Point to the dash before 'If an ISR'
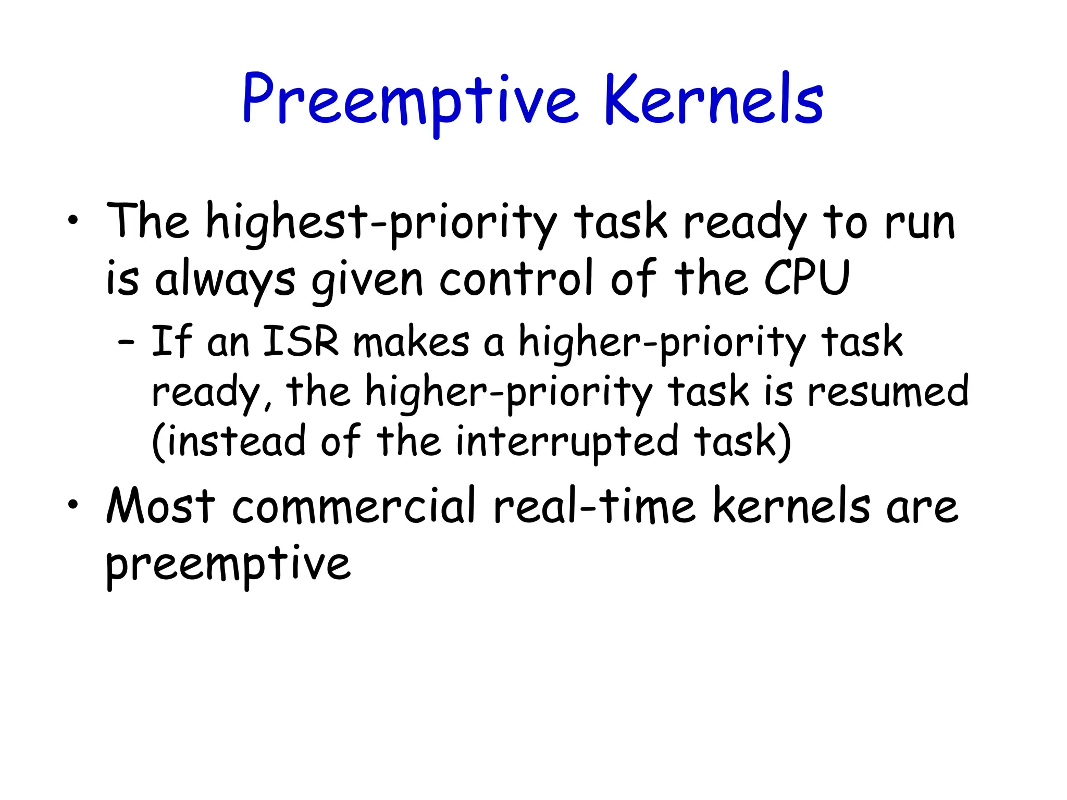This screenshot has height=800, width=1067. coord(126,343)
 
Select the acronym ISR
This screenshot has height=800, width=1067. coord(301,342)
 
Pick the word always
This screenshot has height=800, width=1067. coord(225,280)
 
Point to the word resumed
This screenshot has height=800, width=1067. coord(888,391)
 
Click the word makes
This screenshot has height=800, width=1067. coord(411,342)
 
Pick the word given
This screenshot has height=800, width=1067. coord(367,280)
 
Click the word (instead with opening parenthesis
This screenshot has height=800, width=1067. coord(229,442)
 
